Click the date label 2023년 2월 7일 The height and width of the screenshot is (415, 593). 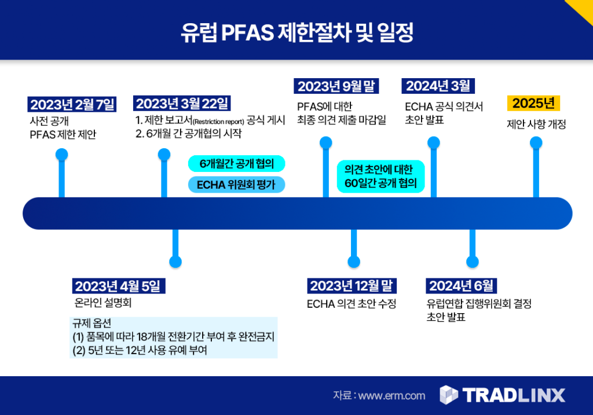coord(72,104)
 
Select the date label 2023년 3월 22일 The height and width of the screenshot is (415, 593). coord(182,103)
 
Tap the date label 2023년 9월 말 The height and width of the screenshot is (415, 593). coord(336,86)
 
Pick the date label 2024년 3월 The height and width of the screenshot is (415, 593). coord(438,86)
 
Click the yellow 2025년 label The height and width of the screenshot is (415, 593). coord(533,103)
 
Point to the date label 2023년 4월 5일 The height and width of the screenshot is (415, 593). coord(119,286)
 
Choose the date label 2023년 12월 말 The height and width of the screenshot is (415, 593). coord(352,286)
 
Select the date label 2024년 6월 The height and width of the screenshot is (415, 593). coord(462,286)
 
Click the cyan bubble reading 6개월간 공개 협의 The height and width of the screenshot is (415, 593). coord(236,164)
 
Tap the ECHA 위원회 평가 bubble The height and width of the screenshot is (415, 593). coord(236,185)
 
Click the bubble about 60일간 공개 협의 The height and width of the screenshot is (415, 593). coord(381,177)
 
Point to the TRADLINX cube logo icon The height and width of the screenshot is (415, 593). coord(449,395)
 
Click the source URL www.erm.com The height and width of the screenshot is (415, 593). coord(391,396)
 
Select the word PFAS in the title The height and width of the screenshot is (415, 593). coord(247,32)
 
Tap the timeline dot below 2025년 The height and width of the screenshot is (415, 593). coord(536,143)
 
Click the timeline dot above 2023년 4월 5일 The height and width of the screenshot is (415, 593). coord(175,262)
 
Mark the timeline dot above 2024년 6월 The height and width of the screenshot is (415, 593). coord(473,262)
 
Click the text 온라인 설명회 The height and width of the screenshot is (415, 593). coord(103,303)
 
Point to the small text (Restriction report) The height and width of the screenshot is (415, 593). coord(218,122)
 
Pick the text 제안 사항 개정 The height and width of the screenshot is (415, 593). coord(536,124)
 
